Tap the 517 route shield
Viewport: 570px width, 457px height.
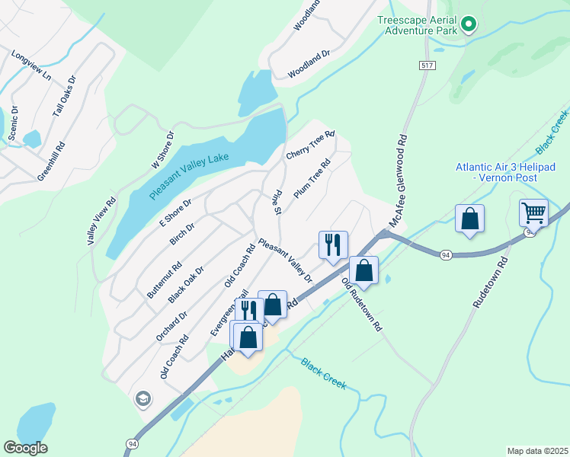point(425,66)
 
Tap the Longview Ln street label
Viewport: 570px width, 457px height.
point(31,66)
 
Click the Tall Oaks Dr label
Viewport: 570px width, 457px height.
point(64,96)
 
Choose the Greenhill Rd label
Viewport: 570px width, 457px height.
point(50,160)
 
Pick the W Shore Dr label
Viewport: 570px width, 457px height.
point(162,149)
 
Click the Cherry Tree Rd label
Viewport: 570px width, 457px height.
point(310,145)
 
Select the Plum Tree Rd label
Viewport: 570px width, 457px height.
point(312,178)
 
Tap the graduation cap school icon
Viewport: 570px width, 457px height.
point(142,398)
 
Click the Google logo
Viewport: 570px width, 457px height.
point(25,448)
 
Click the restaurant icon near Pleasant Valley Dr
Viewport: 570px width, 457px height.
point(333,244)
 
